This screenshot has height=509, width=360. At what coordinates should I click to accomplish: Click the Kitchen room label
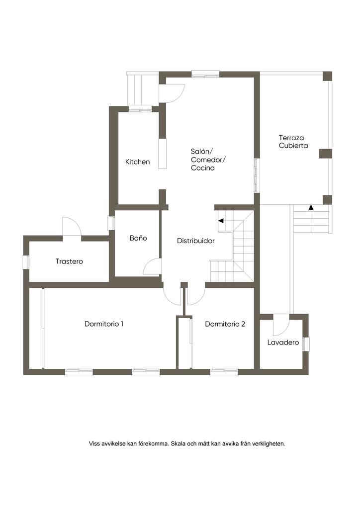[137, 162]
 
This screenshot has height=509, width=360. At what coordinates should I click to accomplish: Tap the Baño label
[138, 238]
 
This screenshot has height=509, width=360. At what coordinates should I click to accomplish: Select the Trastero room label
[69, 261]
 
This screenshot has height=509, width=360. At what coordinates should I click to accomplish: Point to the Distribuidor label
[196, 241]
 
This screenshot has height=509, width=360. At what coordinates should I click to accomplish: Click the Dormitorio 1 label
[104, 324]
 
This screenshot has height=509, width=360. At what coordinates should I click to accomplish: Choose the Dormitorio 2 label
[225, 324]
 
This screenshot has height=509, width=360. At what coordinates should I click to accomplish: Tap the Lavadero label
[283, 342]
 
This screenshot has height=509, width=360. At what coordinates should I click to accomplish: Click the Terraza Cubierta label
[293, 142]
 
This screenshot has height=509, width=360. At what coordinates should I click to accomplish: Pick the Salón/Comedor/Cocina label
[208, 160]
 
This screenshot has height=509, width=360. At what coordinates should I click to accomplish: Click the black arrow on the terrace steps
[311, 207]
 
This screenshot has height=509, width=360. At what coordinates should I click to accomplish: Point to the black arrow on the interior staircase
[221, 221]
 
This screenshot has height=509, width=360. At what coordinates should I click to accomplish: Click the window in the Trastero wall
[26, 262]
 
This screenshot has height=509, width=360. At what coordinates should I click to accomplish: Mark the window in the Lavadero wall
[306, 344]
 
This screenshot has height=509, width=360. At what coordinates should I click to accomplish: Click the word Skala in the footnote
[178, 443]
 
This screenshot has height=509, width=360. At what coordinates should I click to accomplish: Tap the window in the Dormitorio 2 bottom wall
[224, 372]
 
